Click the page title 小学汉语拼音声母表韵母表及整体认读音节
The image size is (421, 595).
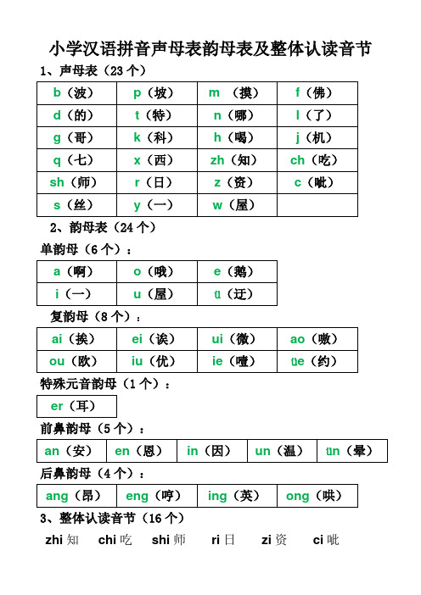pyautogui.click(x=210, y=48)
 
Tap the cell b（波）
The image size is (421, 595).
pyautogui.click(x=79, y=92)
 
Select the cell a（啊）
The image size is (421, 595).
pyautogui.click(x=79, y=271)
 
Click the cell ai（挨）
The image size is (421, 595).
pyautogui.click(x=79, y=338)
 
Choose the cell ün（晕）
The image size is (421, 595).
pyautogui.click(x=351, y=451)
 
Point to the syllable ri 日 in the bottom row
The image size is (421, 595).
pyautogui.click(x=223, y=539)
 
